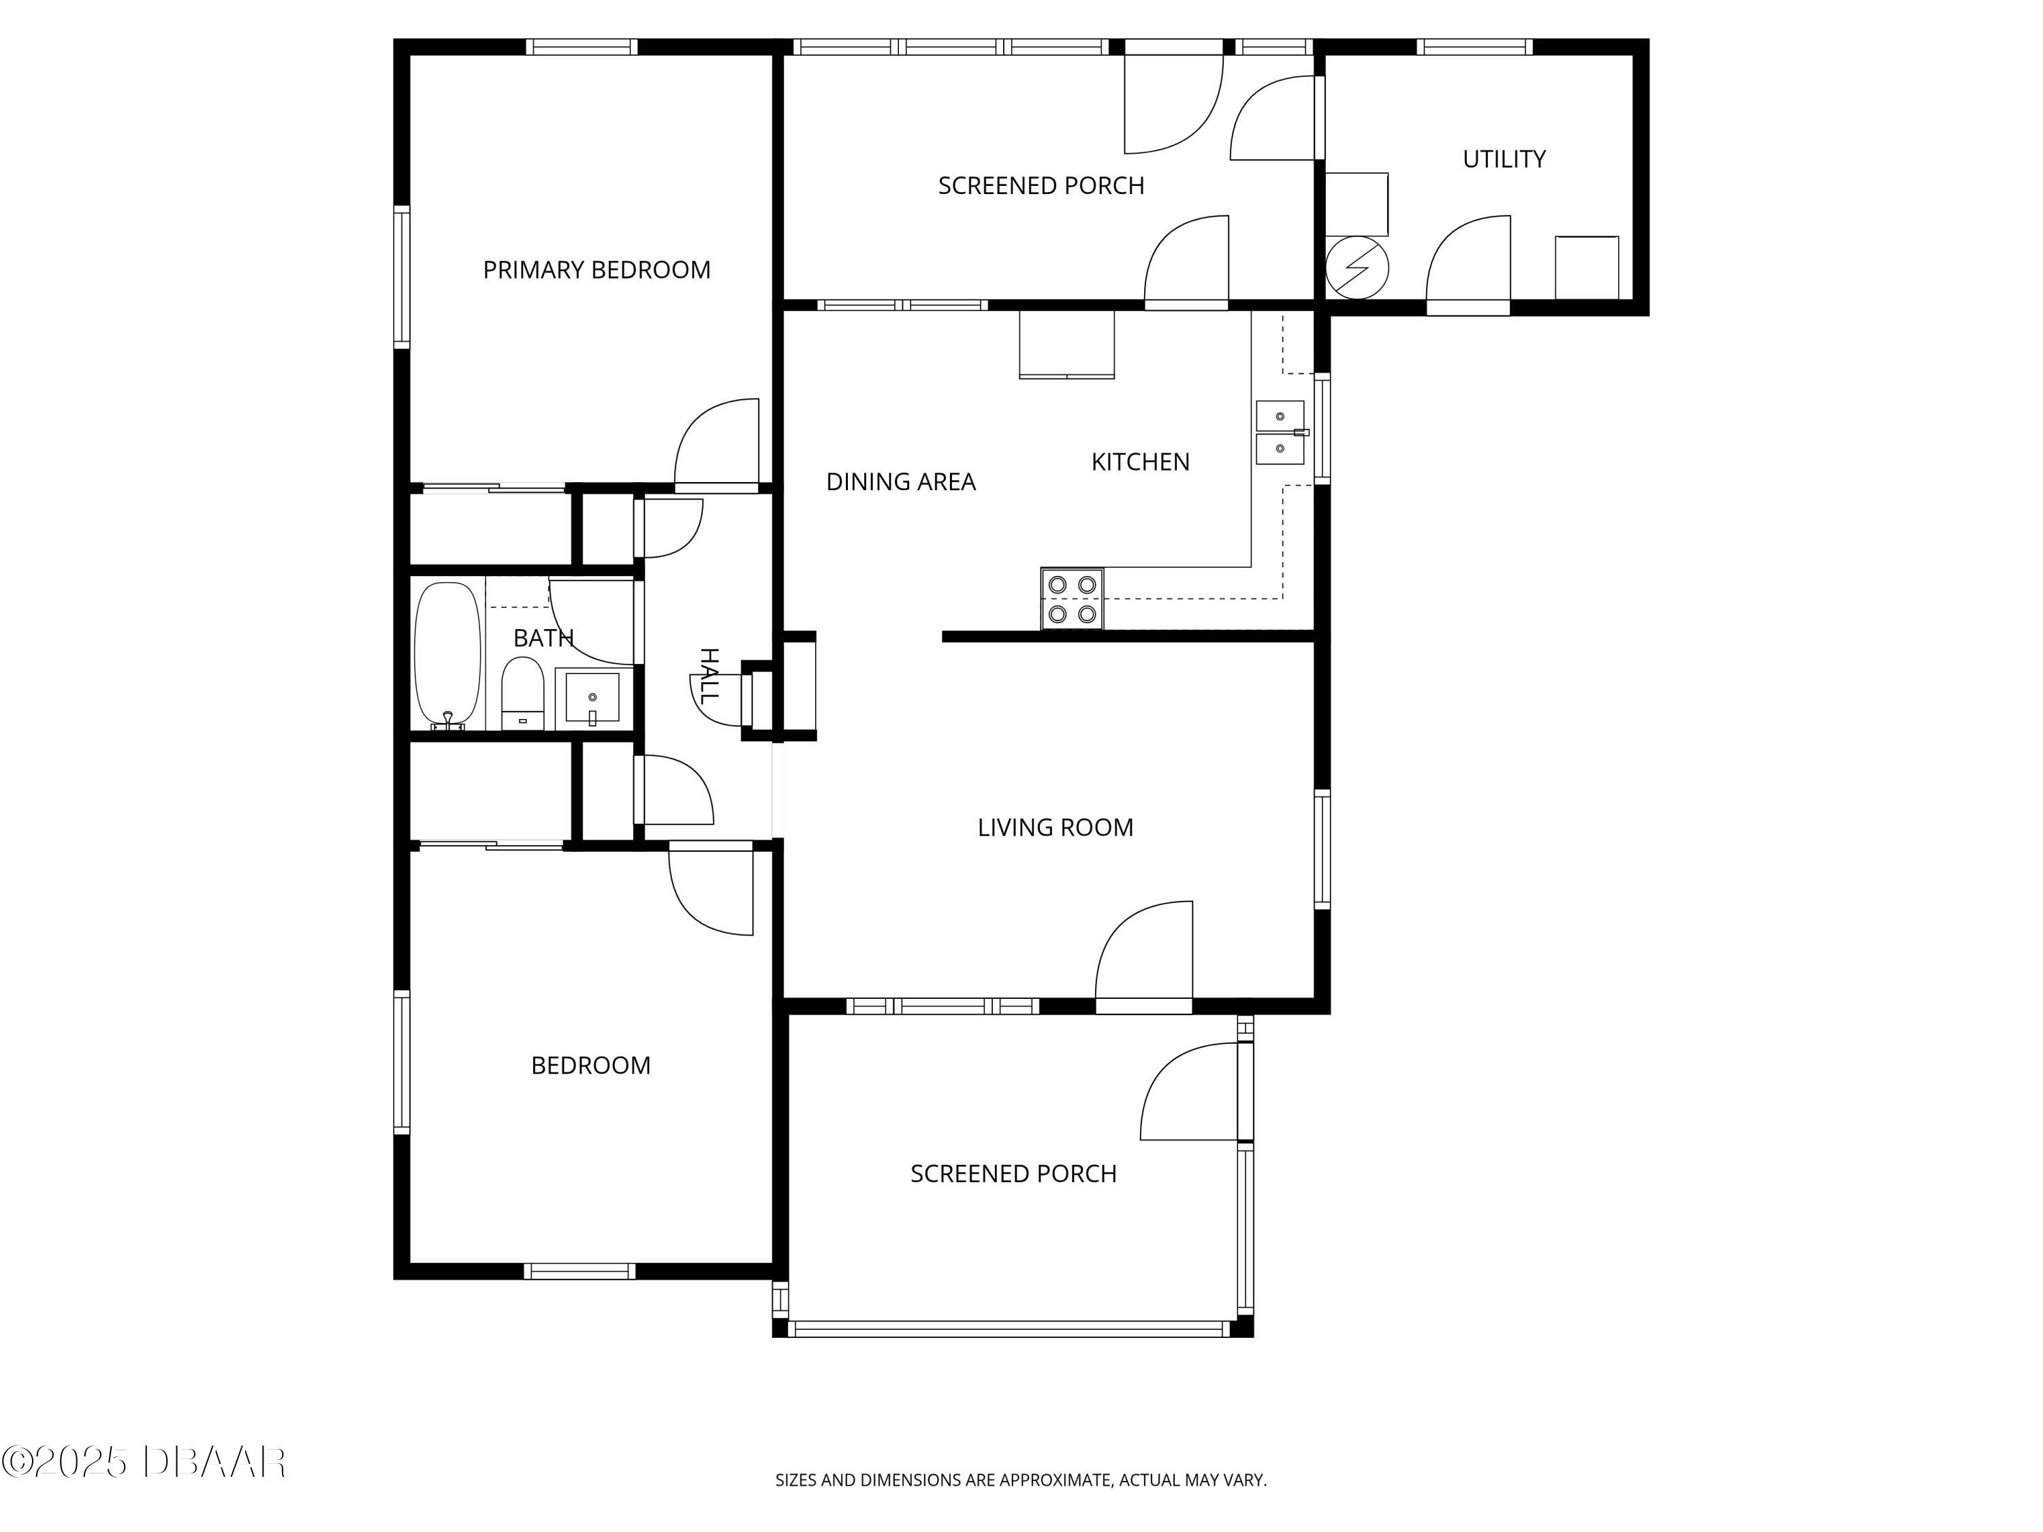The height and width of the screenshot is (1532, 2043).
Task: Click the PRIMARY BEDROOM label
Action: coord(597,270)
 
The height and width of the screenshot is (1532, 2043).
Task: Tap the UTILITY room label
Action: coord(1504,159)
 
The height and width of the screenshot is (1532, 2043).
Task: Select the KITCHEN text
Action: coord(1140,462)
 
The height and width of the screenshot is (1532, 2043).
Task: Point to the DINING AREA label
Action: coord(900,481)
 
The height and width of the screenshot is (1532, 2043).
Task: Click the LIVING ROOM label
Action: coord(1055,827)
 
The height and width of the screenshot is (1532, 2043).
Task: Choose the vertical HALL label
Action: coord(708,677)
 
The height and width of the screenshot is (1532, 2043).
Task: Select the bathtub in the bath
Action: coord(447,654)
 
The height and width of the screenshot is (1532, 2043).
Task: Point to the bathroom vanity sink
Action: coord(592,698)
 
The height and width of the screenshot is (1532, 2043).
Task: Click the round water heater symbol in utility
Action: coord(1356,268)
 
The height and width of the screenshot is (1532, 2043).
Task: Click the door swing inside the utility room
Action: coord(1470,260)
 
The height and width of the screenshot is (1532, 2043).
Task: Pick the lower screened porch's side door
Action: coord(1192,1092)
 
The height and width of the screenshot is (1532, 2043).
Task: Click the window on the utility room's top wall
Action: coord(1474,46)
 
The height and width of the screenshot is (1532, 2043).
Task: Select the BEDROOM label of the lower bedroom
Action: coord(590,1066)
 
